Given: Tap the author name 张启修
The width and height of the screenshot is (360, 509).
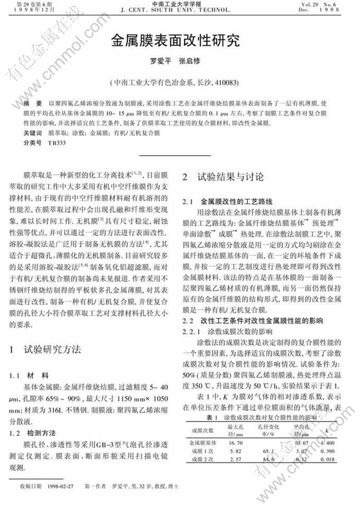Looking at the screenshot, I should click(x=190, y=61).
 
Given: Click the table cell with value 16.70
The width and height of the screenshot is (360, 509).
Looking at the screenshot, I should click(x=235, y=442).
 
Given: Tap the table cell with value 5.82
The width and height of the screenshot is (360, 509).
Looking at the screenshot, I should click(x=235, y=450).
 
